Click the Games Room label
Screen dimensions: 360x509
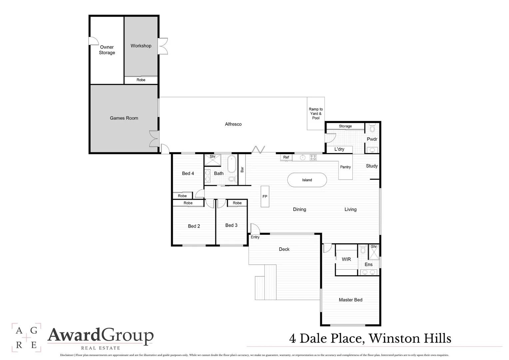click(x=124, y=118)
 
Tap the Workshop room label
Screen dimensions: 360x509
click(x=141, y=46)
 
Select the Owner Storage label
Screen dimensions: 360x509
click(x=107, y=50)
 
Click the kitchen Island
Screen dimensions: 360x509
click(x=307, y=180)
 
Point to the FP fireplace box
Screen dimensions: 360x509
click(x=265, y=196)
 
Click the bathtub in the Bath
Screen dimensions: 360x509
click(x=232, y=165)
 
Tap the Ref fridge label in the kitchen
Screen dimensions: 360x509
click(x=286, y=157)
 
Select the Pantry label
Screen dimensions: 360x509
click(x=345, y=167)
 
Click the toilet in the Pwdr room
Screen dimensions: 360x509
click(x=372, y=128)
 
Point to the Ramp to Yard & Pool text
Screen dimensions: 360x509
click(x=316, y=114)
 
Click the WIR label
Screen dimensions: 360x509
click(x=346, y=259)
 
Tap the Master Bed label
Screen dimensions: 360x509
click(x=350, y=300)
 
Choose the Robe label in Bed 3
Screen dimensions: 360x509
click(x=237, y=203)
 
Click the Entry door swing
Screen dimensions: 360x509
click(x=254, y=229)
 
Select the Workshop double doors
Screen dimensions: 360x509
click(x=163, y=46)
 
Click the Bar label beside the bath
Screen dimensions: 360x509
click(x=242, y=169)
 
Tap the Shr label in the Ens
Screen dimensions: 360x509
click(x=374, y=247)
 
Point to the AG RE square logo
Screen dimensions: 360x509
click(x=26, y=337)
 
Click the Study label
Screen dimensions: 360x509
click(x=372, y=166)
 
